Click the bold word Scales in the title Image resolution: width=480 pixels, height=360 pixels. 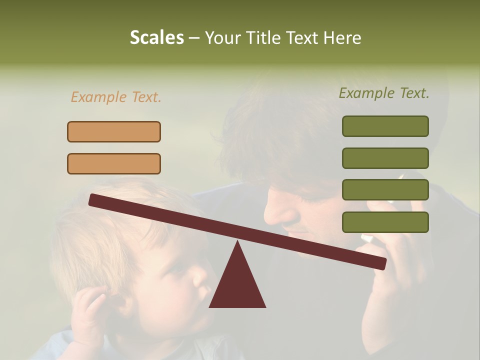tap(156, 37)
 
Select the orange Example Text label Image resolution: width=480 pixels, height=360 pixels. tap(116, 97)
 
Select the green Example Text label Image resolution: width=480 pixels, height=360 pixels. tap(384, 93)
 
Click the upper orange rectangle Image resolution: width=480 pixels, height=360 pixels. tap(114, 131)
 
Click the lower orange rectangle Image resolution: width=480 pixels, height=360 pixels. tap(114, 163)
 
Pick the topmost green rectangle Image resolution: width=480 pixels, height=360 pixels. tap(385, 126)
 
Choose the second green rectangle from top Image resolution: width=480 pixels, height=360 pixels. tap(385, 158)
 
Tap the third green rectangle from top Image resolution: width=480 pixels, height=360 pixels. tap(385, 189)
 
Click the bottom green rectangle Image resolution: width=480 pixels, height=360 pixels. tap(385, 222)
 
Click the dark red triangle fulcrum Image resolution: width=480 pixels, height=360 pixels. tap(237, 285)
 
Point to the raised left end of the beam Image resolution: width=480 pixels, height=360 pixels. tap(93, 199)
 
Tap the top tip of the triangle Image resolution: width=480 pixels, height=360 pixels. tap(237, 243)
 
